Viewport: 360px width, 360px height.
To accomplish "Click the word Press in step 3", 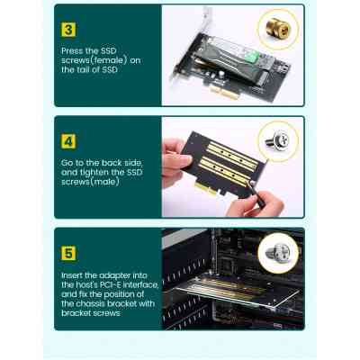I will [x=73, y=52].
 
